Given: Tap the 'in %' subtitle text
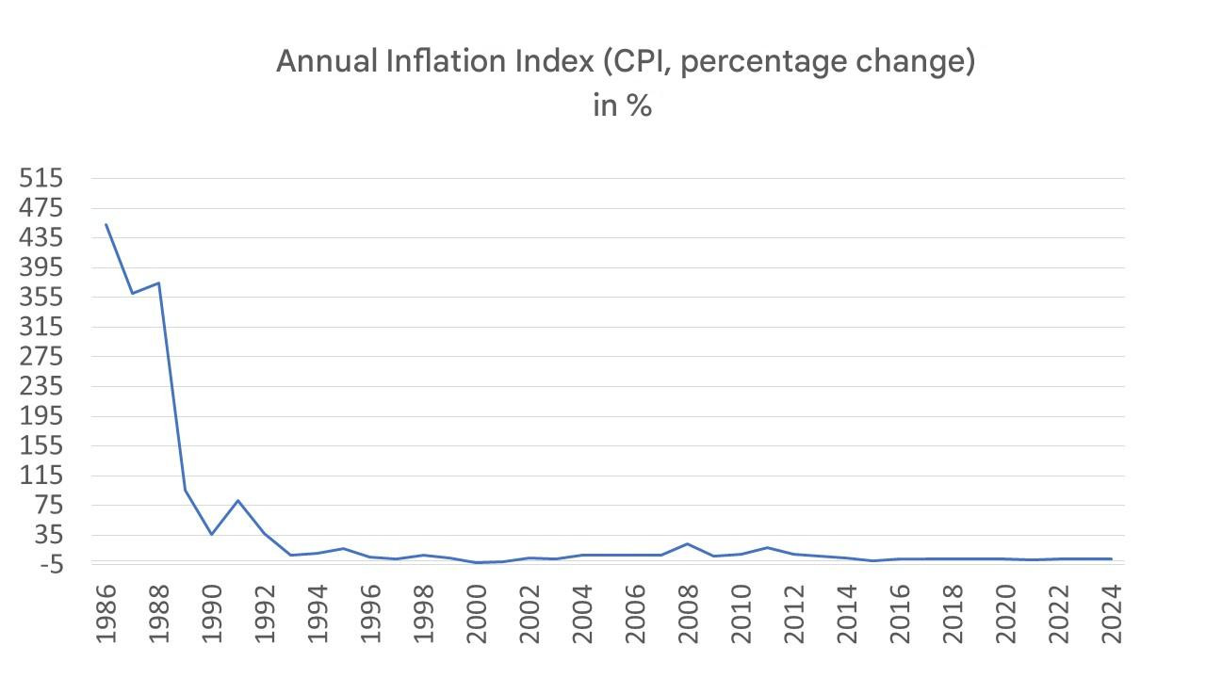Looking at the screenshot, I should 622,105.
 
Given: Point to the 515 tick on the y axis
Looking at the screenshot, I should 41,178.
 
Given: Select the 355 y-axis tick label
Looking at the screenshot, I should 41,298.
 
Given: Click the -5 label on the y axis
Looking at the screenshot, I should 45,565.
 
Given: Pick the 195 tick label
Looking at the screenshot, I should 41,416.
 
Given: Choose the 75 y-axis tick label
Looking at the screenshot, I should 47,506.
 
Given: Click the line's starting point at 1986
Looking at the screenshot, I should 106,224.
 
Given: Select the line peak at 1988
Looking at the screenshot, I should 158,282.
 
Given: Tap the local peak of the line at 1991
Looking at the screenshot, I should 237,500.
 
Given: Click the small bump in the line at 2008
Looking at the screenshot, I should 688,544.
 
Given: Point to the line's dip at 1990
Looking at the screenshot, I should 211,534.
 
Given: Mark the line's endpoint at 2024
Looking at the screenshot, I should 1112,559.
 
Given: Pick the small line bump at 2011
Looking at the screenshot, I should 768,547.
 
